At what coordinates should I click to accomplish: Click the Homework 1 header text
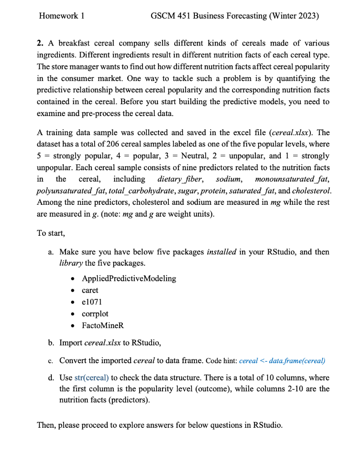(x=62, y=16)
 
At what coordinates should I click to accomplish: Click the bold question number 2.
(x=40, y=43)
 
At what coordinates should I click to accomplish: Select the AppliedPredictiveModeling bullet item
(x=129, y=278)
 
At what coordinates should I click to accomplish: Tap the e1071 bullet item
(x=91, y=302)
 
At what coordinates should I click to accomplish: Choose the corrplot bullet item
(x=95, y=314)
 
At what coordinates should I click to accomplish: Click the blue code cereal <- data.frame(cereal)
(x=282, y=361)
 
